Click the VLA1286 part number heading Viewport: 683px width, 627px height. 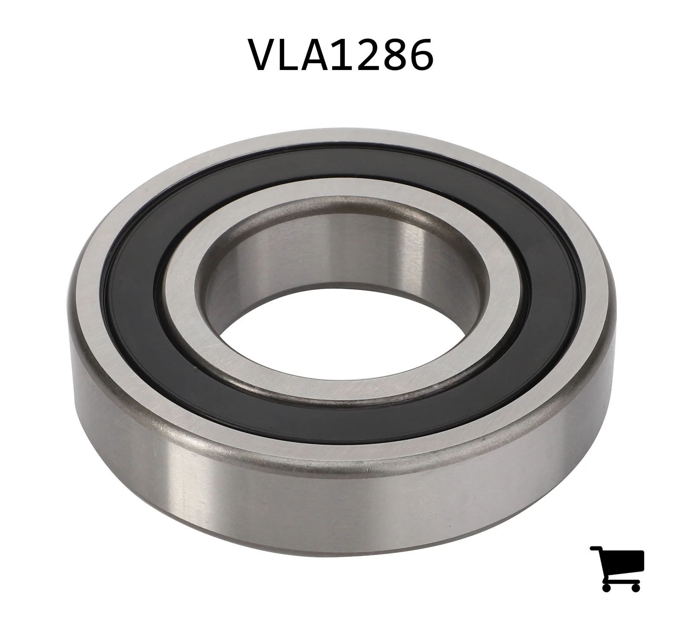[x=342, y=55]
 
